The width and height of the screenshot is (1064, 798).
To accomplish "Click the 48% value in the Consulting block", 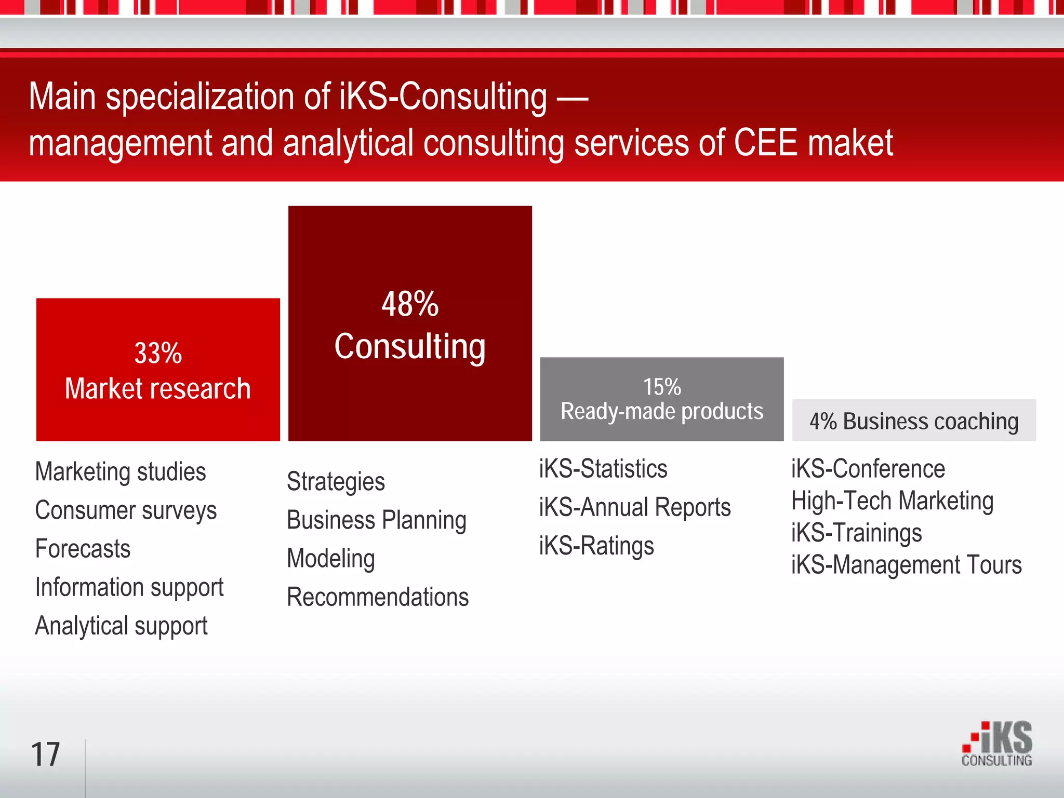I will [410, 304].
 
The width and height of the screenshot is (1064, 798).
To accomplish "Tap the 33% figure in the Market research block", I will [158, 354].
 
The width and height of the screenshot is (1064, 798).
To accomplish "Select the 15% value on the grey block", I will [662, 387].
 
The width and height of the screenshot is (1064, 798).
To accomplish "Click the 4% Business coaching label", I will [914, 421].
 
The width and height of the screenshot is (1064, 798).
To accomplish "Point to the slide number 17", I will [46, 754].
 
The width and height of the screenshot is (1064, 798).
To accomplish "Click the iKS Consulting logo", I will [997, 744].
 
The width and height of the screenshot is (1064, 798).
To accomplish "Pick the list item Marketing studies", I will [121, 472].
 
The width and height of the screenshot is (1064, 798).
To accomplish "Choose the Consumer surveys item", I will [126, 510].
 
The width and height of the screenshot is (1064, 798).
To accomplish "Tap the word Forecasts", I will [83, 549].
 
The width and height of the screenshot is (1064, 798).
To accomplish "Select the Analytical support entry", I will [121, 626].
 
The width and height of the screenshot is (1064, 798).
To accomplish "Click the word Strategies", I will [336, 482].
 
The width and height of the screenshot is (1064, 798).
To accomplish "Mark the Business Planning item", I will [377, 520].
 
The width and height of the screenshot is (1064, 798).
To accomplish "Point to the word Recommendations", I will [378, 597].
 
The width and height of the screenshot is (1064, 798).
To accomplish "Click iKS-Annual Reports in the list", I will [634, 507].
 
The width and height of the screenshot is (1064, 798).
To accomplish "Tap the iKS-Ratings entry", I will [596, 546].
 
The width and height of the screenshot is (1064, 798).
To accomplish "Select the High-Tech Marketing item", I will [892, 501].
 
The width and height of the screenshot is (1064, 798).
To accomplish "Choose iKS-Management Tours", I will [906, 565].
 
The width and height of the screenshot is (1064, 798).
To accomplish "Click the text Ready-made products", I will [662, 411].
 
